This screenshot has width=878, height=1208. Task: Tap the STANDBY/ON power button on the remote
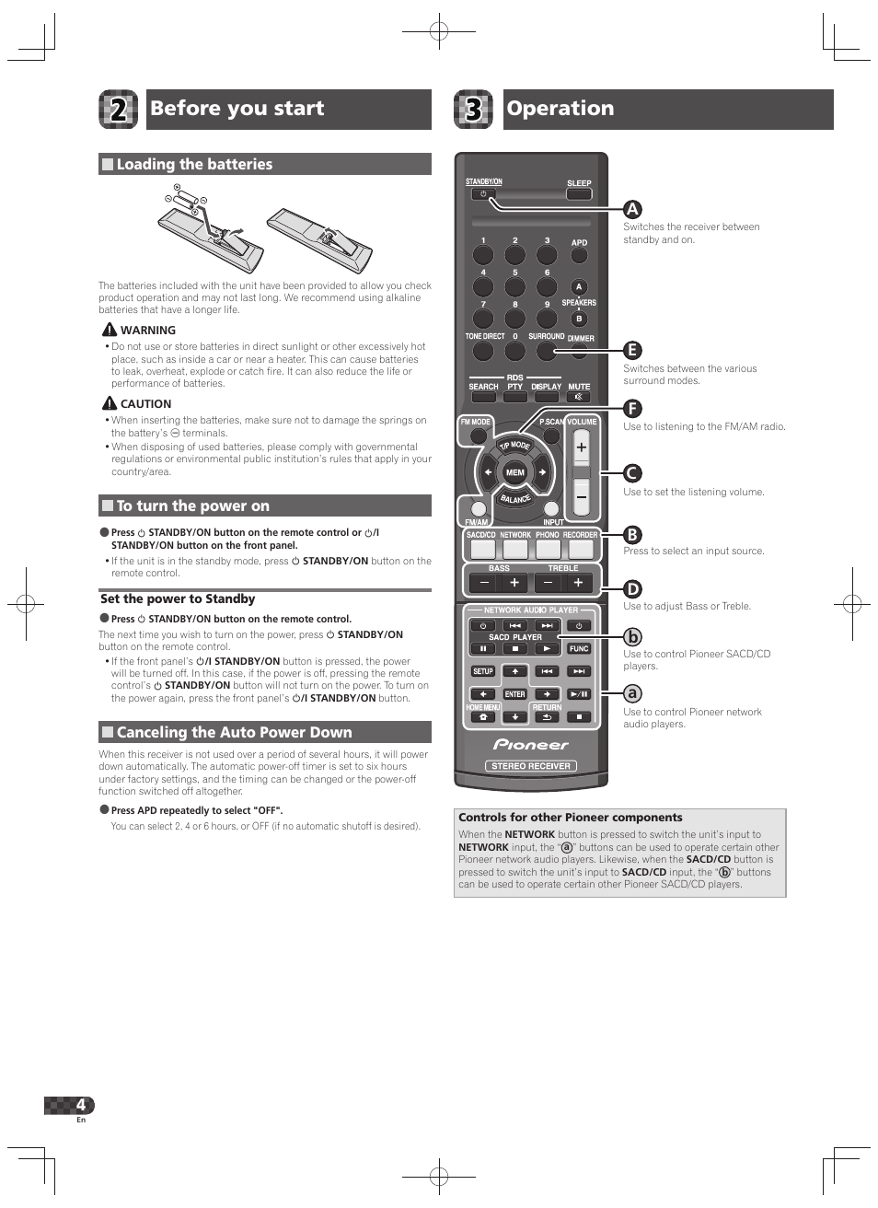[483, 194]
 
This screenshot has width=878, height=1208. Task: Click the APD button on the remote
[579, 256]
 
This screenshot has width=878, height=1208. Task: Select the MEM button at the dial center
[514, 472]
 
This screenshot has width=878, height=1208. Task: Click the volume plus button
[581, 448]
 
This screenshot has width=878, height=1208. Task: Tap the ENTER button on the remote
[514, 694]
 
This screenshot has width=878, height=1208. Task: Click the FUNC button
[579, 648]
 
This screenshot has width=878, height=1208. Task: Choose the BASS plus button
[514, 582]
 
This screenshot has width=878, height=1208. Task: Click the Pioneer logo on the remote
[531, 745]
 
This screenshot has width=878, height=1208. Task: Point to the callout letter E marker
[632, 350]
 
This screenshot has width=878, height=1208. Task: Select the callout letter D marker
[632, 589]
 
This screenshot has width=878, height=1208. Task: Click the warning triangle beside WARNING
[110, 330]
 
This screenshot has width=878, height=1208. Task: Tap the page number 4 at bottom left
[81, 1105]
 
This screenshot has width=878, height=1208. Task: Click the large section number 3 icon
[473, 110]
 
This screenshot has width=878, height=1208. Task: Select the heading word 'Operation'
[560, 109]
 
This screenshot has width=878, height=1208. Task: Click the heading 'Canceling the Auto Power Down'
[234, 733]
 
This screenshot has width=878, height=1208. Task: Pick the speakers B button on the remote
[579, 319]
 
